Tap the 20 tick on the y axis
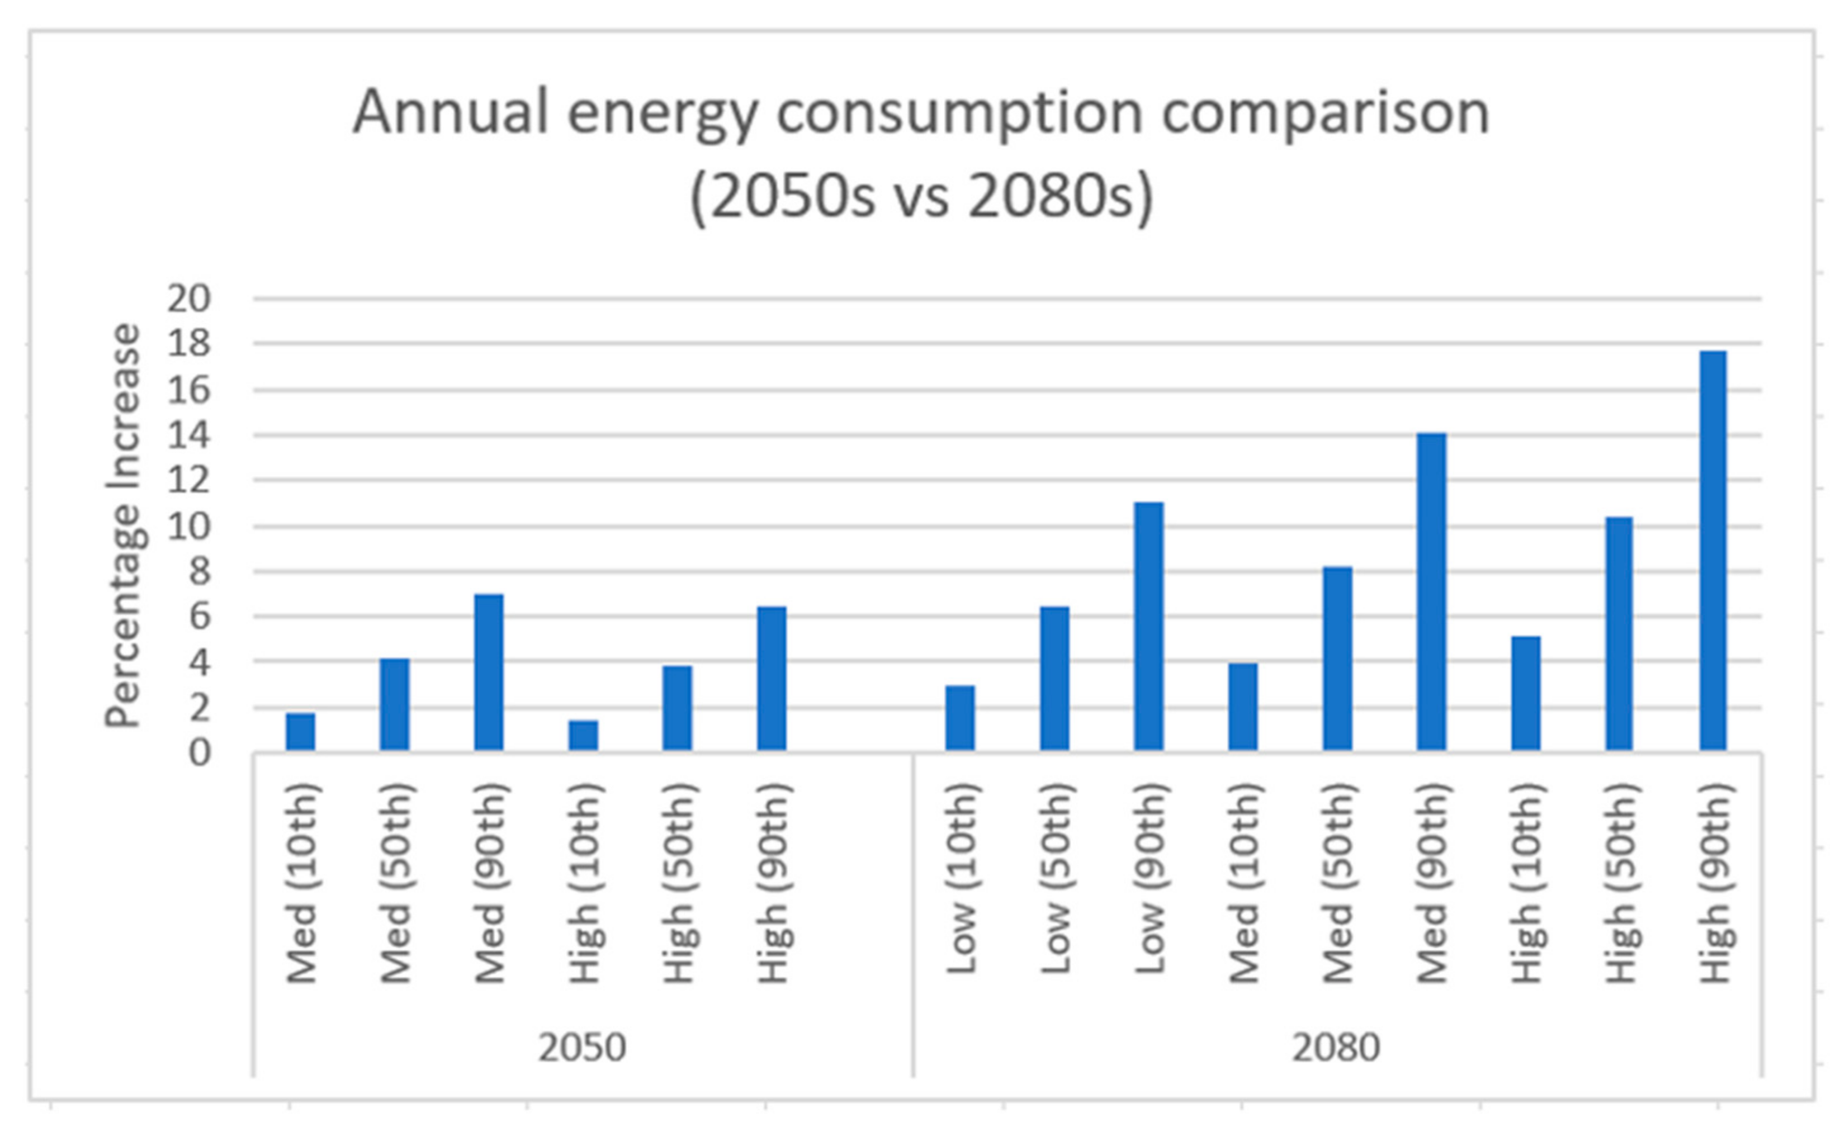pos(189,300)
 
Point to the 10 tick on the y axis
pos(189,527)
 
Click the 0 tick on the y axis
pos(199,753)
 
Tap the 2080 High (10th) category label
pos(1527,883)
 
